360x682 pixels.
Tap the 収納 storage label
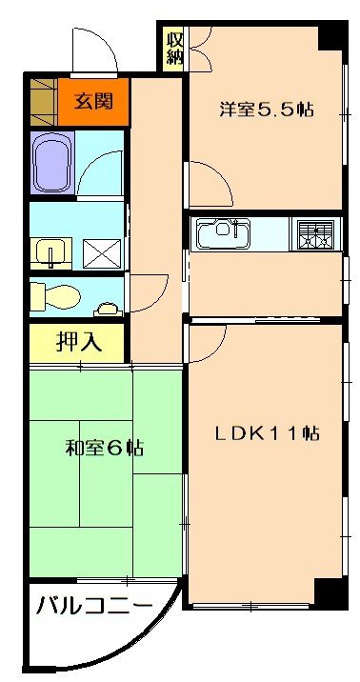point(173,48)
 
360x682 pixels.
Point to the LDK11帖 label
point(266,432)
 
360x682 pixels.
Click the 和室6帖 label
point(105,448)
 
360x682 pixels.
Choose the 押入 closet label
point(76,343)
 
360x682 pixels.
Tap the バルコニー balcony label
point(94,606)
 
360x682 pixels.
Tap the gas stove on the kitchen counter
point(315,234)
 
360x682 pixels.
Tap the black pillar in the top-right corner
point(329,36)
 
